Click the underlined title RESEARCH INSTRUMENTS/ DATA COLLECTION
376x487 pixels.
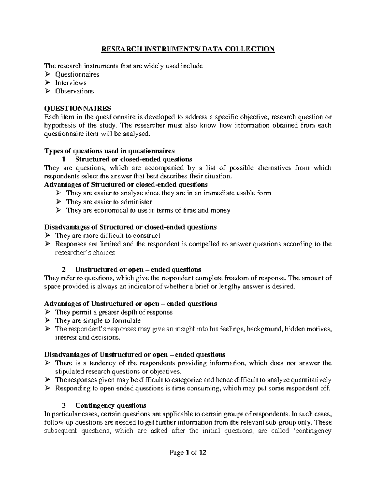187,49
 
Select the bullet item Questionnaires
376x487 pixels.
77,75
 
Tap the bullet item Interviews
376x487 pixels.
71,83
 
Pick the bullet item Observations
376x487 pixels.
75,92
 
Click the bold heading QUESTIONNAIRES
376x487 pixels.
77,109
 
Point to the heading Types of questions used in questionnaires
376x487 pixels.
109,151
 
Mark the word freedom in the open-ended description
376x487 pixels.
232,278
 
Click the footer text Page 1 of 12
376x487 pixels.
188,453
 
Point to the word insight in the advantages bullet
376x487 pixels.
184,329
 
